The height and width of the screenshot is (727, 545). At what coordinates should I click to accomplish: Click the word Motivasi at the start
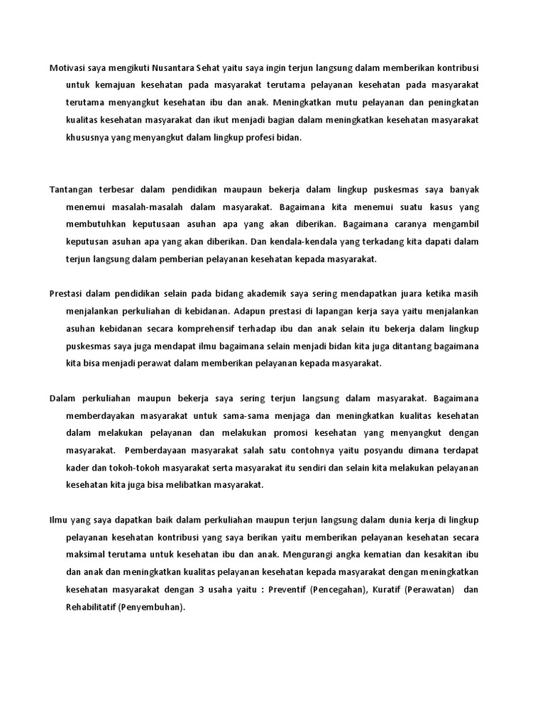67,67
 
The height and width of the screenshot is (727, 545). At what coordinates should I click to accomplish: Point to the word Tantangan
72,189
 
